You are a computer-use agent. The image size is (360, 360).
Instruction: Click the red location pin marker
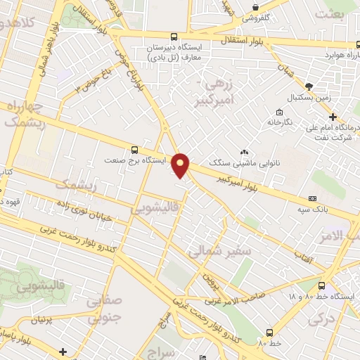(181, 165)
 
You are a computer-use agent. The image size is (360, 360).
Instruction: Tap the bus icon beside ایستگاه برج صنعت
(134, 150)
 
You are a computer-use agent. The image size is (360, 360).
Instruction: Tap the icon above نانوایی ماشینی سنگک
(245, 152)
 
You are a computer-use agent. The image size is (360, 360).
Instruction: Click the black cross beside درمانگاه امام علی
(333, 116)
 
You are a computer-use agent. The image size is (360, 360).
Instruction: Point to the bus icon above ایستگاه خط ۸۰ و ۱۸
(322, 286)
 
